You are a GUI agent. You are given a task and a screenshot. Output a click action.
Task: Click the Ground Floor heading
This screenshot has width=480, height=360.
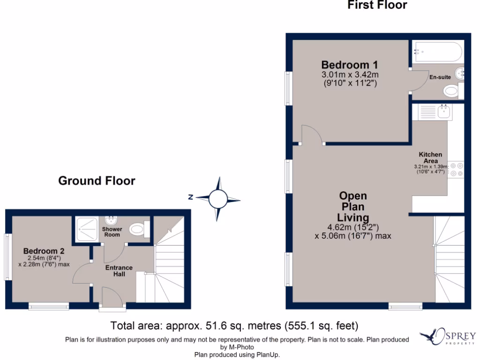click(x=97, y=181)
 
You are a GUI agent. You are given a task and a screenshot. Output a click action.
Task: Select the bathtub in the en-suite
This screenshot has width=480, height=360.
click(x=437, y=52)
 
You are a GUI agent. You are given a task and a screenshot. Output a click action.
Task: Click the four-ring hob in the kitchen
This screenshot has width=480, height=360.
click(x=456, y=170)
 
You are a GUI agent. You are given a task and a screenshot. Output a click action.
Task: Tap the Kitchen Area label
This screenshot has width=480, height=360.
click(x=430, y=157)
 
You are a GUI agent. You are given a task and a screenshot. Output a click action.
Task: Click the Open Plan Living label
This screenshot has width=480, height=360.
click(x=353, y=207)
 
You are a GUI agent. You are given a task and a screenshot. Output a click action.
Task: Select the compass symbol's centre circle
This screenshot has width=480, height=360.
click(x=217, y=199)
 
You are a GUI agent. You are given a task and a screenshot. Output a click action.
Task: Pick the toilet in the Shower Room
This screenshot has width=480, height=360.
click(x=138, y=229)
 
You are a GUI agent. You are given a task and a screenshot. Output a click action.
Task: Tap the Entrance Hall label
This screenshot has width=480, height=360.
click(x=119, y=270)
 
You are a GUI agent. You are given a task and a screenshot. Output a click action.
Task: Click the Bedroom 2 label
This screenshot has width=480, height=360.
click(x=44, y=251)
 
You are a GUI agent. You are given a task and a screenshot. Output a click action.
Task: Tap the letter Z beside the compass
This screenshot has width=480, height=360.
click(x=190, y=197)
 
